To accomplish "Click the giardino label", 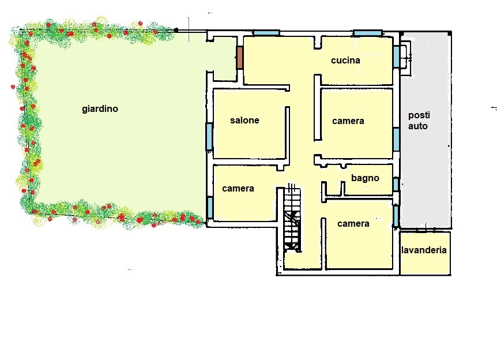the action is click(100, 109).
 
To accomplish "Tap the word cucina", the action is click(345, 60).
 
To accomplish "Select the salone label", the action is click(244, 120).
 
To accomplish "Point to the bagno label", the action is click(365, 178).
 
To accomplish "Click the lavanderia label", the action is click(424, 250).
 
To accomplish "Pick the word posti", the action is click(419, 115).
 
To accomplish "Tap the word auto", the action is click(418, 126).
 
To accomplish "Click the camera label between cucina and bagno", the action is click(348, 121).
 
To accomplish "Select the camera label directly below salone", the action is click(238, 189).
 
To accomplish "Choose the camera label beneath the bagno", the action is click(353, 224).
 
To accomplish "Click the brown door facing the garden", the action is click(240, 58).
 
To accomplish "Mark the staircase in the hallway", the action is click(292, 218).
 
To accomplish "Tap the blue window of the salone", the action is click(209, 136).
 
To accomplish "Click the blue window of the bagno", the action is click(396, 184).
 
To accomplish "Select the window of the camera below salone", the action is click(209, 208).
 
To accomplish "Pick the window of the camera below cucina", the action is click(396, 140).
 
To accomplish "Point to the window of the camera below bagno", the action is click(396, 216).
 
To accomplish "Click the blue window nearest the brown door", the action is click(266, 33).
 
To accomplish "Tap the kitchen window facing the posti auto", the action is click(396, 57).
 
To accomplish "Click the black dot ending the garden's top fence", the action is click(176, 30).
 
